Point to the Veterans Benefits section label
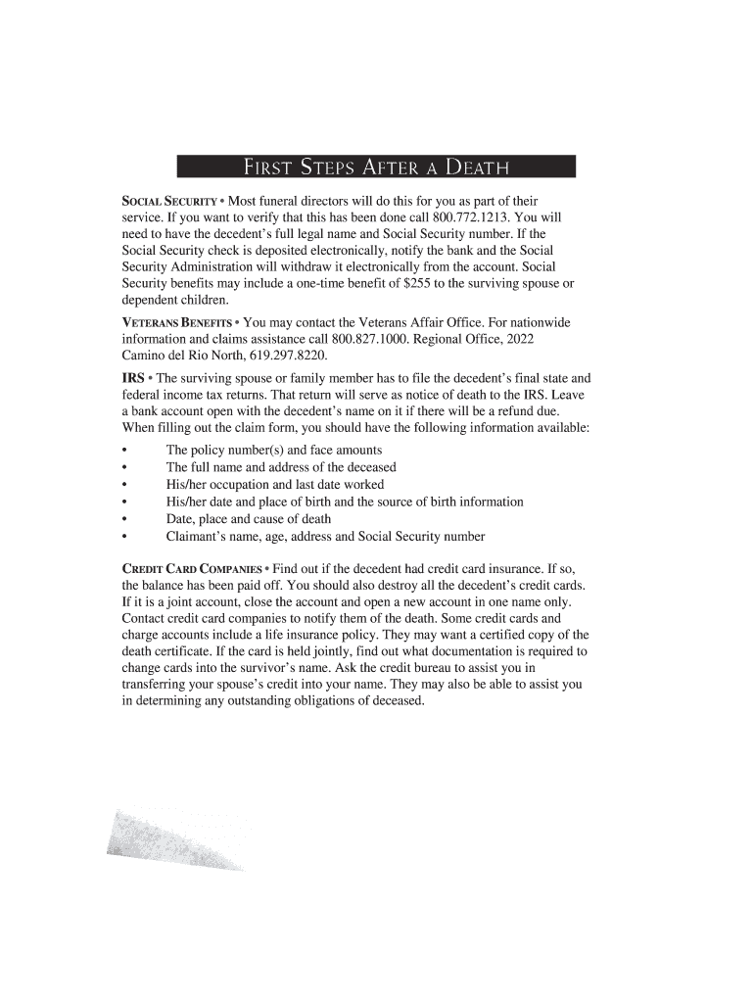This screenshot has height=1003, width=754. click(x=176, y=322)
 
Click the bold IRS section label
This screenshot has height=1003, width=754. click(x=133, y=377)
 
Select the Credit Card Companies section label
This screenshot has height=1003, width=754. click(x=192, y=568)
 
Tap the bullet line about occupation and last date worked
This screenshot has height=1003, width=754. click(x=274, y=485)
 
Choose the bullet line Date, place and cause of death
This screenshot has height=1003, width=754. click(x=248, y=519)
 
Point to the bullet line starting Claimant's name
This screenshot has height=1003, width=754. click(x=325, y=537)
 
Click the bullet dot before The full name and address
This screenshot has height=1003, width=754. click(x=124, y=468)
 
